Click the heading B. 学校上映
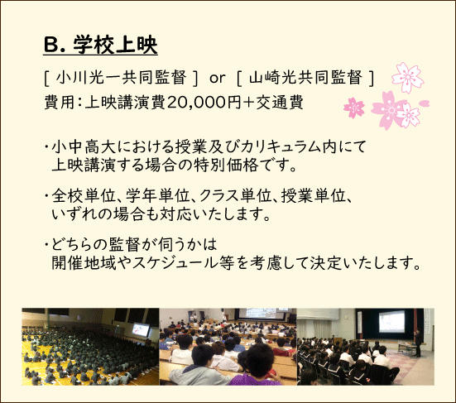tap(100, 45)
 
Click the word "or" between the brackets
tap(217, 79)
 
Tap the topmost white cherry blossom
tap(408, 77)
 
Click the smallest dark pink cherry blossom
tap(354, 108)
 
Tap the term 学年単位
tap(158, 195)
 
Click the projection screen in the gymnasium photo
tap(141, 329)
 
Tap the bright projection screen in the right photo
tap(391, 321)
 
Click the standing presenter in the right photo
tap(418, 343)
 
